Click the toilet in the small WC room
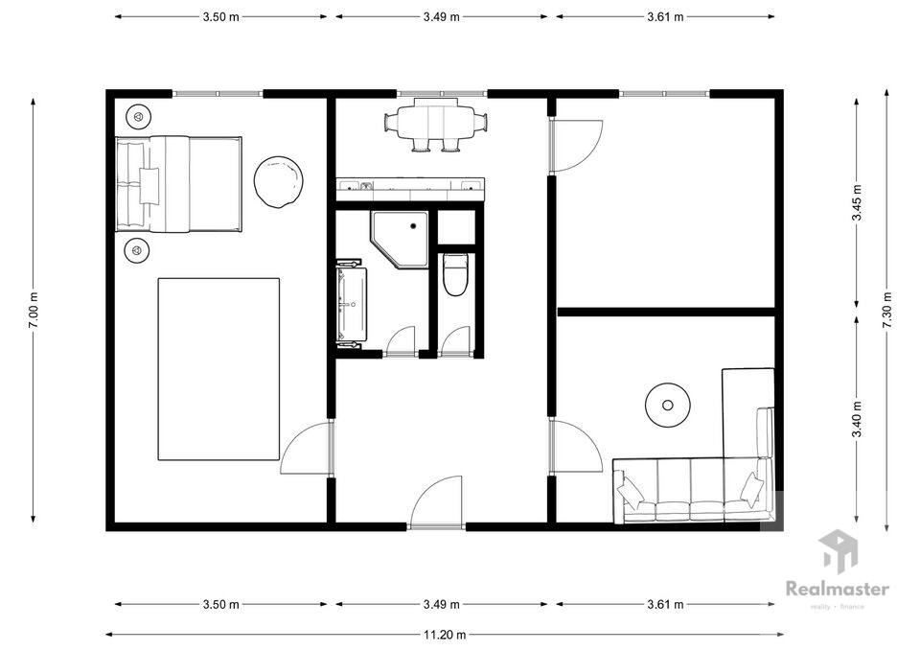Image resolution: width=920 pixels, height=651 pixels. [454, 274]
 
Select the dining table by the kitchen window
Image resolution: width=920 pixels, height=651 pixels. [437, 124]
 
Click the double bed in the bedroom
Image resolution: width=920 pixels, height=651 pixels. [178, 184]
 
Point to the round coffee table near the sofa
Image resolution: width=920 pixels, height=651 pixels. [667, 405]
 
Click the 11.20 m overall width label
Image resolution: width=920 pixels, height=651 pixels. [445, 634]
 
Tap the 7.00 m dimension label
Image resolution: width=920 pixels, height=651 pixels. [33, 311]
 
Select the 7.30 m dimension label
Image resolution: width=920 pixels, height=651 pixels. [886, 311]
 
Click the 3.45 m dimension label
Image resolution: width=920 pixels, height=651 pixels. [857, 202]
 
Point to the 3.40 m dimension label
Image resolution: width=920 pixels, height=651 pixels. [857, 419]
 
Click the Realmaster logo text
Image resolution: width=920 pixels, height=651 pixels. [838, 588]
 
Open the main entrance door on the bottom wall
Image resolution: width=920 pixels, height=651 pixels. [436, 502]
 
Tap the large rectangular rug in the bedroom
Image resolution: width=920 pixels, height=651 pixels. [218, 369]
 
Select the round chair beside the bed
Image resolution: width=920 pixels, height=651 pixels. [279, 181]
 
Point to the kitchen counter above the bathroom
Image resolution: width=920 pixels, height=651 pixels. [410, 189]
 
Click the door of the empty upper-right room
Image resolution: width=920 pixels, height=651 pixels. [576, 146]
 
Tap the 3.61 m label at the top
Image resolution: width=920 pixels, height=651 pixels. [665, 17]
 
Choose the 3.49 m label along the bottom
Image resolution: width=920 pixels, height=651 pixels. [441, 604]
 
